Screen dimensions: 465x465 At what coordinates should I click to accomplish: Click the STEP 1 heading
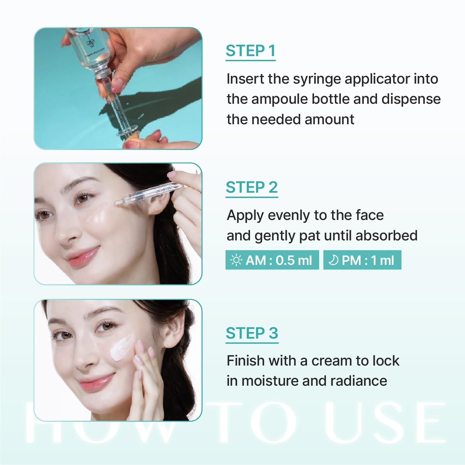[x=251, y=51]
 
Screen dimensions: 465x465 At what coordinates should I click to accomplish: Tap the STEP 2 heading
[x=252, y=187]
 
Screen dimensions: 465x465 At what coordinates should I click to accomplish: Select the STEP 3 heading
[x=252, y=333]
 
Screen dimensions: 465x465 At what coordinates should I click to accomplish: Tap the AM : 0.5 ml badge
[x=272, y=260]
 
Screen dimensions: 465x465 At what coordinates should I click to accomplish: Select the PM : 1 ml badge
[x=362, y=260]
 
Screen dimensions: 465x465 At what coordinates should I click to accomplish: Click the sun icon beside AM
[x=236, y=260]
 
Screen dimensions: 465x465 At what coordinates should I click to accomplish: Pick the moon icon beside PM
[x=333, y=260]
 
